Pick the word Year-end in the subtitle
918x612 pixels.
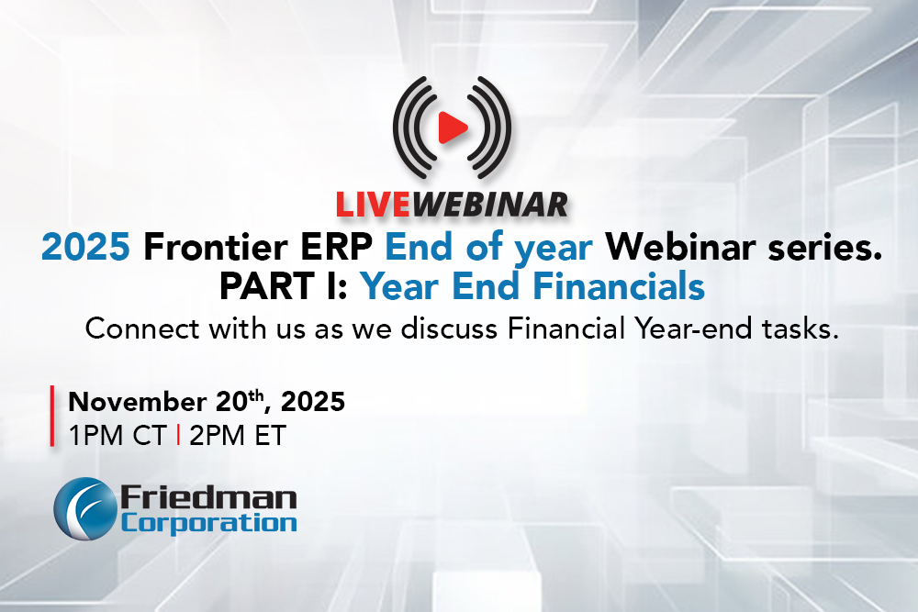point(704,329)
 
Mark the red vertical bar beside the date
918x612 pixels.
point(52,418)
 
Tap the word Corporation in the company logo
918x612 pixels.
point(208,522)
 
